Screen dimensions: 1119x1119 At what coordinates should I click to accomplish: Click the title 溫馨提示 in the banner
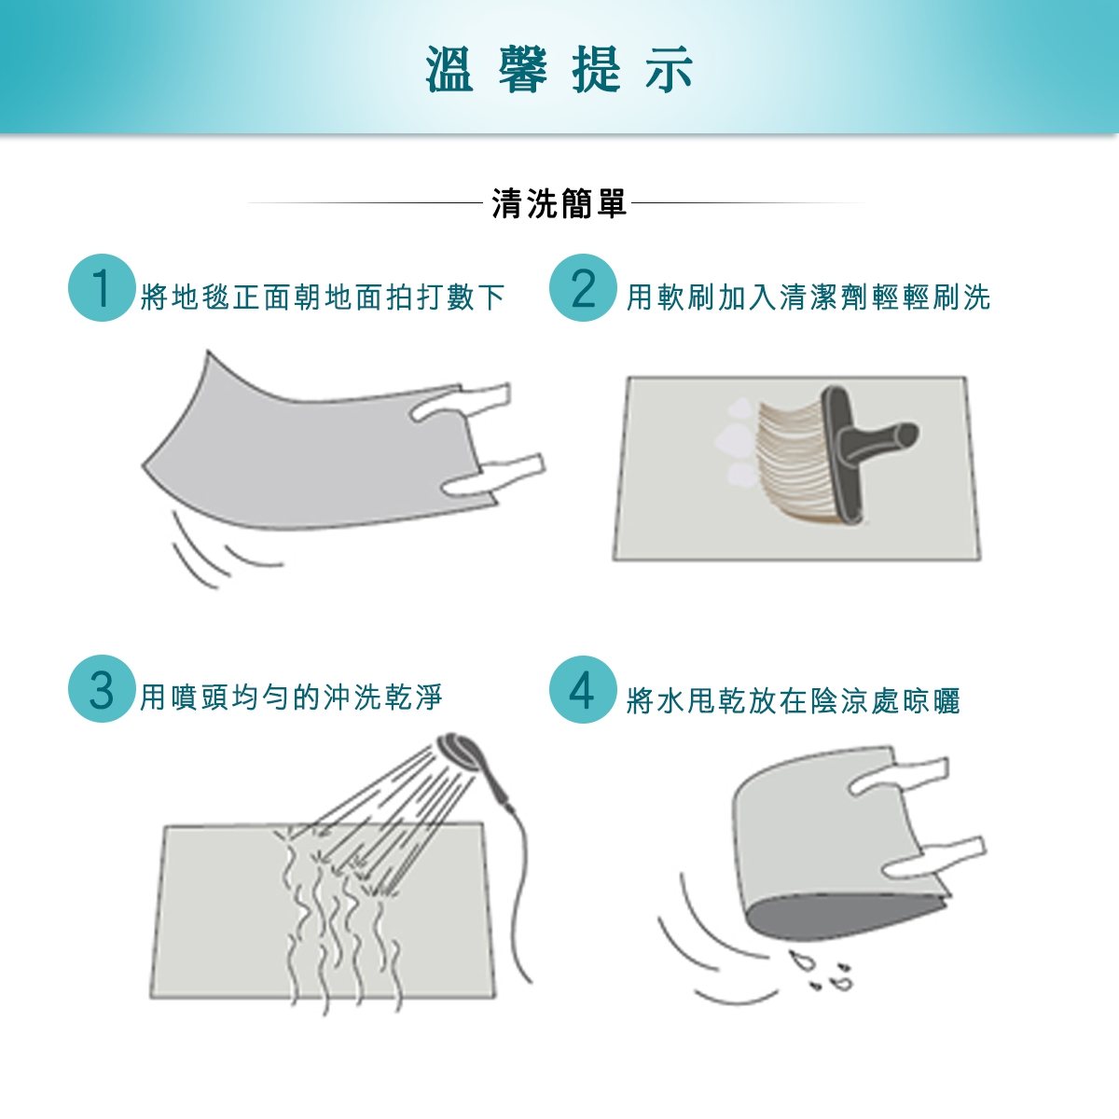pos(559,69)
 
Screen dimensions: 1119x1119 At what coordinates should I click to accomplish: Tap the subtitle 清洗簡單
pos(559,203)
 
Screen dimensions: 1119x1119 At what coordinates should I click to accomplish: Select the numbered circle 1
pos(102,287)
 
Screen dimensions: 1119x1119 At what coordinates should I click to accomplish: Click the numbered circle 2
pos(583,287)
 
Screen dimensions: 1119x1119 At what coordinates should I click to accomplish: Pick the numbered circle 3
pos(102,689)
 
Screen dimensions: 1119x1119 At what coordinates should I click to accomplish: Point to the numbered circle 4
pos(583,689)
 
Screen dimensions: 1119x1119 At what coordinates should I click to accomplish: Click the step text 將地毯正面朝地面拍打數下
pos(323,297)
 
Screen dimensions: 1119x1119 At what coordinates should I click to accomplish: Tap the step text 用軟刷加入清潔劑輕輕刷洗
pos(808,297)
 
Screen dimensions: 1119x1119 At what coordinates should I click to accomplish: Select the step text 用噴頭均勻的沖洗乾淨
pos(292,697)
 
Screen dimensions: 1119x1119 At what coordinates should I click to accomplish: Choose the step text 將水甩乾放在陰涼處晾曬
pos(794,701)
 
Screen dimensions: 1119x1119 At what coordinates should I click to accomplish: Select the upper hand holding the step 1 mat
pos(462,401)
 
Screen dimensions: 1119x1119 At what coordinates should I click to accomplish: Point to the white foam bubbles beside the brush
pos(738,441)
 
